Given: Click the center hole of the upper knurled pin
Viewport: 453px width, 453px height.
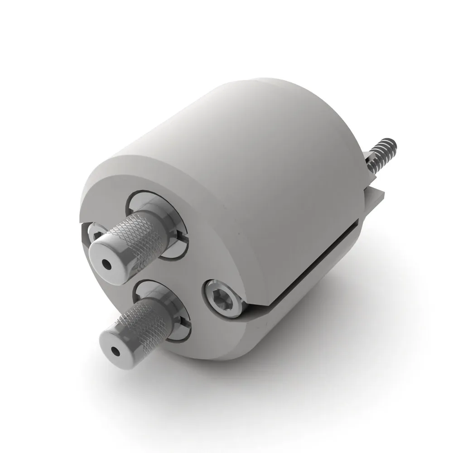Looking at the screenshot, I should [x=107, y=263].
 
